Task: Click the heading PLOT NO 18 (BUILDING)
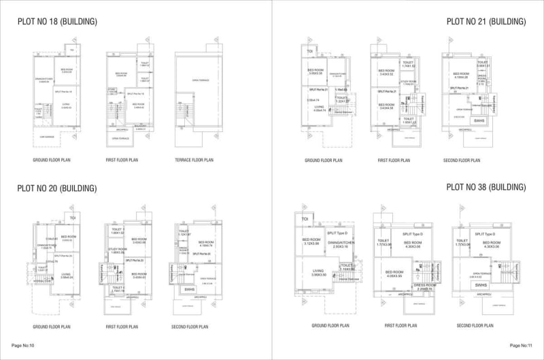[57, 22]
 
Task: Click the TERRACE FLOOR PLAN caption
[194, 161]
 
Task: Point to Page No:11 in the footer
[521, 346]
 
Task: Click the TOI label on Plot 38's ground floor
[305, 219]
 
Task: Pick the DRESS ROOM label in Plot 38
[422, 285]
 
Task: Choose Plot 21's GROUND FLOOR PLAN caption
[322, 161]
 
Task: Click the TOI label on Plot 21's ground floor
[309, 51]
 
